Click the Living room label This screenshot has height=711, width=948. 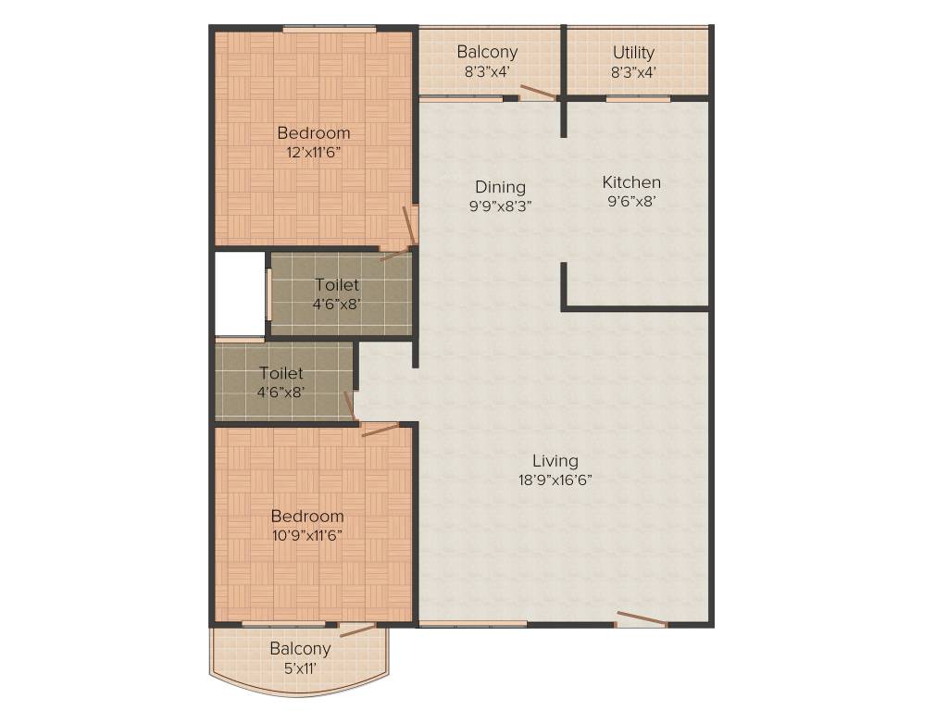click(x=555, y=460)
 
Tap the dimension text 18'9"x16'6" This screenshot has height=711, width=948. click(x=555, y=480)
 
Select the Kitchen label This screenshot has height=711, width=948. click(x=631, y=182)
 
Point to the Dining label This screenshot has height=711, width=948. click(x=500, y=187)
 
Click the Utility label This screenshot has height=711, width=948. click(x=633, y=53)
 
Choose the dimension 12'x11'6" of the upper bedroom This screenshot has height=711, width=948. click(x=315, y=153)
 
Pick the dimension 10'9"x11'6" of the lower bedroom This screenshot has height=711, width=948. click(x=307, y=535)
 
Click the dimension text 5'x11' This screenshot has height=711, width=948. click(x=300, y=667)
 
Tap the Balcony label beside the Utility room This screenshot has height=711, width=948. click(x=487, y=53)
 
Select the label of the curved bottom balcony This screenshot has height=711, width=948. click(x=300, y=648)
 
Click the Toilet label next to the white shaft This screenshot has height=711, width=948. click(x=337, y=285)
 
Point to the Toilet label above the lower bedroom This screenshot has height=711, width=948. click(x=281, y=373)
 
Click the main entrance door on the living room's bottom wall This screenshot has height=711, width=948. click(x=641, y=619)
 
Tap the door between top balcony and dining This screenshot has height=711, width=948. click(x=537, y=92)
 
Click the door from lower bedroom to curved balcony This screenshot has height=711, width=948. click(x=358, y=630)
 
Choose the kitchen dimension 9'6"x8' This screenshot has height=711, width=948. click(x=631, y=201)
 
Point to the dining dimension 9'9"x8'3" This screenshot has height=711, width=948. click(x=500, y=206)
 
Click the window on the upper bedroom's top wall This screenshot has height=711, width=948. click(x=329, y=30)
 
